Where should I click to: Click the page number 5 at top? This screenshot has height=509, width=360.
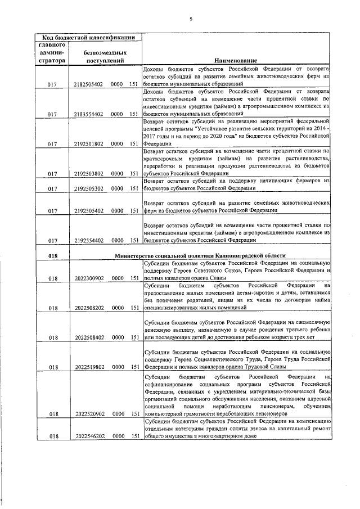(191, 19)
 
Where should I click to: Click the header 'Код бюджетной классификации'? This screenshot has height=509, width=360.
(89, 38)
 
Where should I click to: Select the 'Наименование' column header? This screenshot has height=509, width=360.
(235, 60)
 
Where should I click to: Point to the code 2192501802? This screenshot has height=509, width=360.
(88, 143)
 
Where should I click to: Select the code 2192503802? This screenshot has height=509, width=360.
(88, 174)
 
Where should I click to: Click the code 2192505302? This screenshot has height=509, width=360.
(88, 189)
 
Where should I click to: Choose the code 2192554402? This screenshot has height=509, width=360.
(88, 240)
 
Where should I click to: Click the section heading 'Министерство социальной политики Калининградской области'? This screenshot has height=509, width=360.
(200, 255)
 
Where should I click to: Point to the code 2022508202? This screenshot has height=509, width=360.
(88, 308)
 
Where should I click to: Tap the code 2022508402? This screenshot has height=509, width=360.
(88, 337)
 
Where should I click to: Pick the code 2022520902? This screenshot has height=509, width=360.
(88, 414)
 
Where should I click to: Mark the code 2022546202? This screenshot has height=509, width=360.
(88, 436)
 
